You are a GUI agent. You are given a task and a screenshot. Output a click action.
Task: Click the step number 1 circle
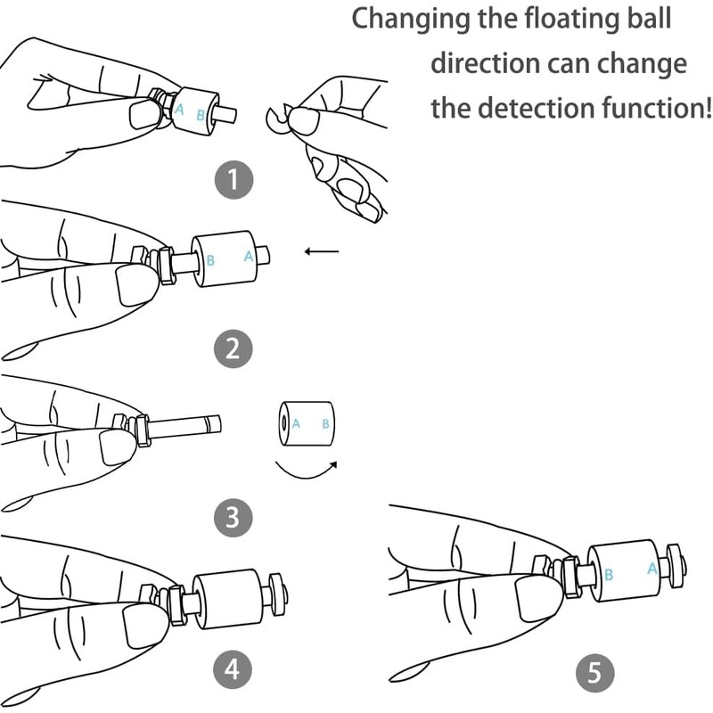[x=234, y=180]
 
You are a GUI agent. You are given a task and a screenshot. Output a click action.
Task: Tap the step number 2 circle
[x=233, y=348]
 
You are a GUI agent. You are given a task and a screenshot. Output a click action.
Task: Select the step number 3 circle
[x=233, y=518]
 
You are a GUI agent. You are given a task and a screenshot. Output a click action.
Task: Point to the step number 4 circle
[x=233, y=669]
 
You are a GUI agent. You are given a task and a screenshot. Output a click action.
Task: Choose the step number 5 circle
[x=594, y=673]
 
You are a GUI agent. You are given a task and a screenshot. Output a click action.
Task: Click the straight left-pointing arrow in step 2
[x=322, y=251]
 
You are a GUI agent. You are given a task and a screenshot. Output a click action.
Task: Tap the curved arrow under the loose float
[x=306, y=470]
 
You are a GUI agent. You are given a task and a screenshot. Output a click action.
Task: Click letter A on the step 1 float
[x=180, y=110]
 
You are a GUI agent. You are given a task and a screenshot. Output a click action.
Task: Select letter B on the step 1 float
[x=200, y=116]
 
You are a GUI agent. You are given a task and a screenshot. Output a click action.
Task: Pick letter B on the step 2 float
[x=210, y=260]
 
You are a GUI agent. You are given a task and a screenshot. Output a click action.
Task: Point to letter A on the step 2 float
[x=249, y=257]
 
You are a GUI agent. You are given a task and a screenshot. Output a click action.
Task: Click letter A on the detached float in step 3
[x=296, y=424]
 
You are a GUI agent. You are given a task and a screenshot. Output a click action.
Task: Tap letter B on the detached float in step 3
[x=325, y=424]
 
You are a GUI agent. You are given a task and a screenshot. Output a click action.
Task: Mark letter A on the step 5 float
[x=652, y=569]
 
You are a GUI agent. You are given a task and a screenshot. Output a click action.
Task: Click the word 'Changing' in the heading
[x=411, y=20]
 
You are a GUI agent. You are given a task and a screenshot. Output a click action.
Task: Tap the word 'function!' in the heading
[x=657, y=108]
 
